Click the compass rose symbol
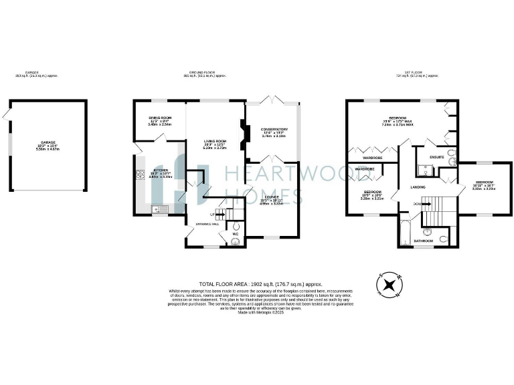(x=388, y=286)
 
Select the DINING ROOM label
(x=160, y=118)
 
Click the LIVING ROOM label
(x=216, y=141)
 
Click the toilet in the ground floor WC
(x=235, y=243)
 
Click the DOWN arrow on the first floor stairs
(x=418, y=204)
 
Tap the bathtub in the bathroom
(x=406, y=229)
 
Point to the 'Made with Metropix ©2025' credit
(x=257, y=311)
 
